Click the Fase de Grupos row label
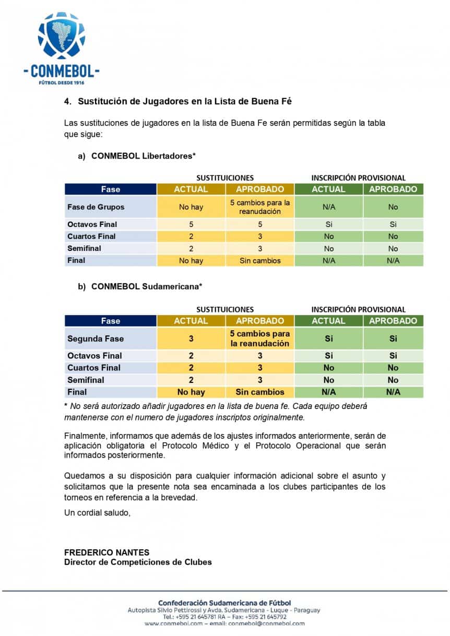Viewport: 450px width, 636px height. (96, 207)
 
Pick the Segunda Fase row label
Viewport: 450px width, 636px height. (96, 339)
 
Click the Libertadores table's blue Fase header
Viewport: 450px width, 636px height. (111, 189)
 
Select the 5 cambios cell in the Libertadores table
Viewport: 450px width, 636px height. (260, 207)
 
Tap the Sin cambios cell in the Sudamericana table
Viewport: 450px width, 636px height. (260, 392)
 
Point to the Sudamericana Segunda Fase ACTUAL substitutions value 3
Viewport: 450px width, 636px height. (191, 339)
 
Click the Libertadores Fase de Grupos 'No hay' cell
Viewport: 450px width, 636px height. (191, 207)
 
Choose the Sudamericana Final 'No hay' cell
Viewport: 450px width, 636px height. (191, 392)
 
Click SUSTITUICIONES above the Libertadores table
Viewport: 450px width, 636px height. (225, 178)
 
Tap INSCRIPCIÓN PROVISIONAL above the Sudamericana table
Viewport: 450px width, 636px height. (359, 309)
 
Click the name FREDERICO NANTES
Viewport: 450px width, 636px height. (106, 553)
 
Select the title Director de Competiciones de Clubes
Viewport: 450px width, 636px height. (138, 562)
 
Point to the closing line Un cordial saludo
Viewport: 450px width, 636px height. (97, 513)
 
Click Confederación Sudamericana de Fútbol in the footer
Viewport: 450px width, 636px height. (224, 603)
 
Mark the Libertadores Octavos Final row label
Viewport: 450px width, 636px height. (92, 224)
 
